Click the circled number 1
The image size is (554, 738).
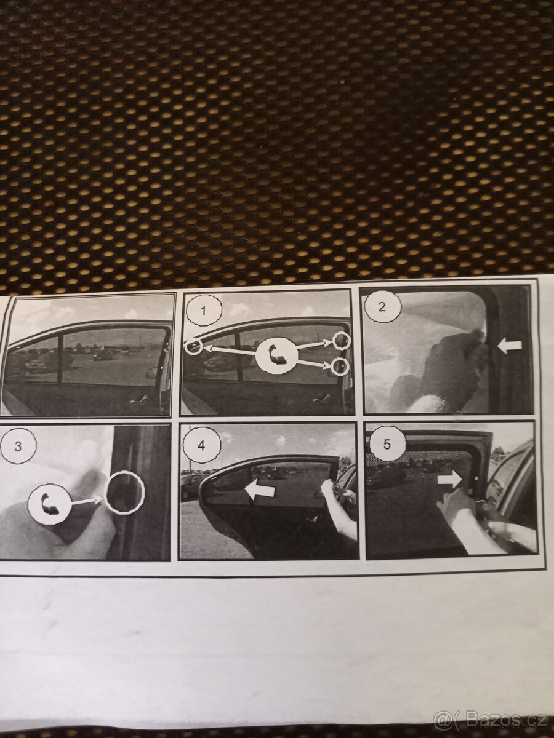pyautogui.click(x=203, y=311)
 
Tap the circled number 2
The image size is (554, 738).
pyautogui.click(x=382, y=307)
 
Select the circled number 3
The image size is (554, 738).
pyautogui.click(x=18, y=446)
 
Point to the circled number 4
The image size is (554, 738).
pyautogui.click(x=201, y=446)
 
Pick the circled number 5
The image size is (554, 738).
pyautogui.click(x=387, y=445)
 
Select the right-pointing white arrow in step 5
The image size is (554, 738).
pyautogui.click(x=451, y=480)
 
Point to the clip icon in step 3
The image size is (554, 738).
pyautogui.click(x=50, y=506)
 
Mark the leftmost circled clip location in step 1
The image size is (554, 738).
pyautogui.click(x=194, y=346)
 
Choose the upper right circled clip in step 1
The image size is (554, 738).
pyautogui.click(x=342, y=341)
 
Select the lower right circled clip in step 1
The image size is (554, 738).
pyautogui.click(x=340, y=366)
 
